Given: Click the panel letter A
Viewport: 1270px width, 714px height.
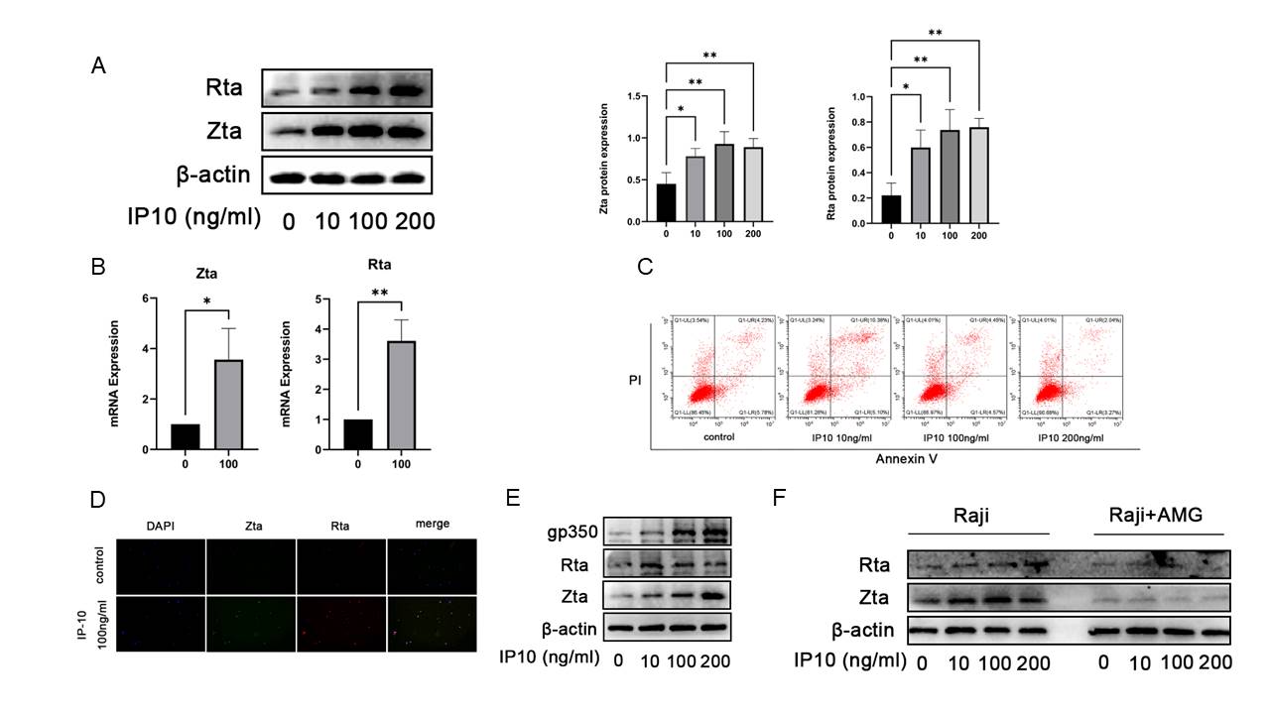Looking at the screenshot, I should coord(98,65).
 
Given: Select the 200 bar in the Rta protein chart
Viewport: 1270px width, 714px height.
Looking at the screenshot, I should coord(978,174).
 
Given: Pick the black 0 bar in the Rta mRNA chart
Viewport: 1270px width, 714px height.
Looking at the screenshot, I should coord(358,434).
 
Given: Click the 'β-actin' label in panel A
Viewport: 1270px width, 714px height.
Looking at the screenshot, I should coord(212,177).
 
